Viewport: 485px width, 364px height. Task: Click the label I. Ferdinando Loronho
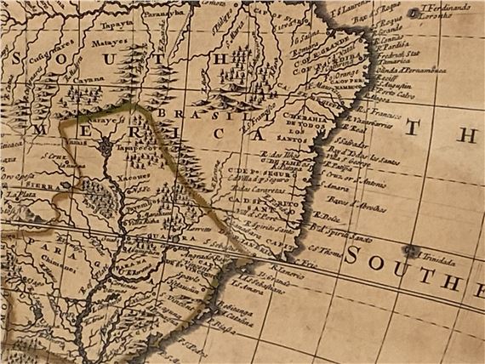click(445, 11)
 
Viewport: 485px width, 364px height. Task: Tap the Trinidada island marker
click(414, 250)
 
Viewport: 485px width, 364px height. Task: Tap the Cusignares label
click(43, 41)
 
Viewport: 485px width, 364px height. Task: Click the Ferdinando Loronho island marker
click(412, 12)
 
